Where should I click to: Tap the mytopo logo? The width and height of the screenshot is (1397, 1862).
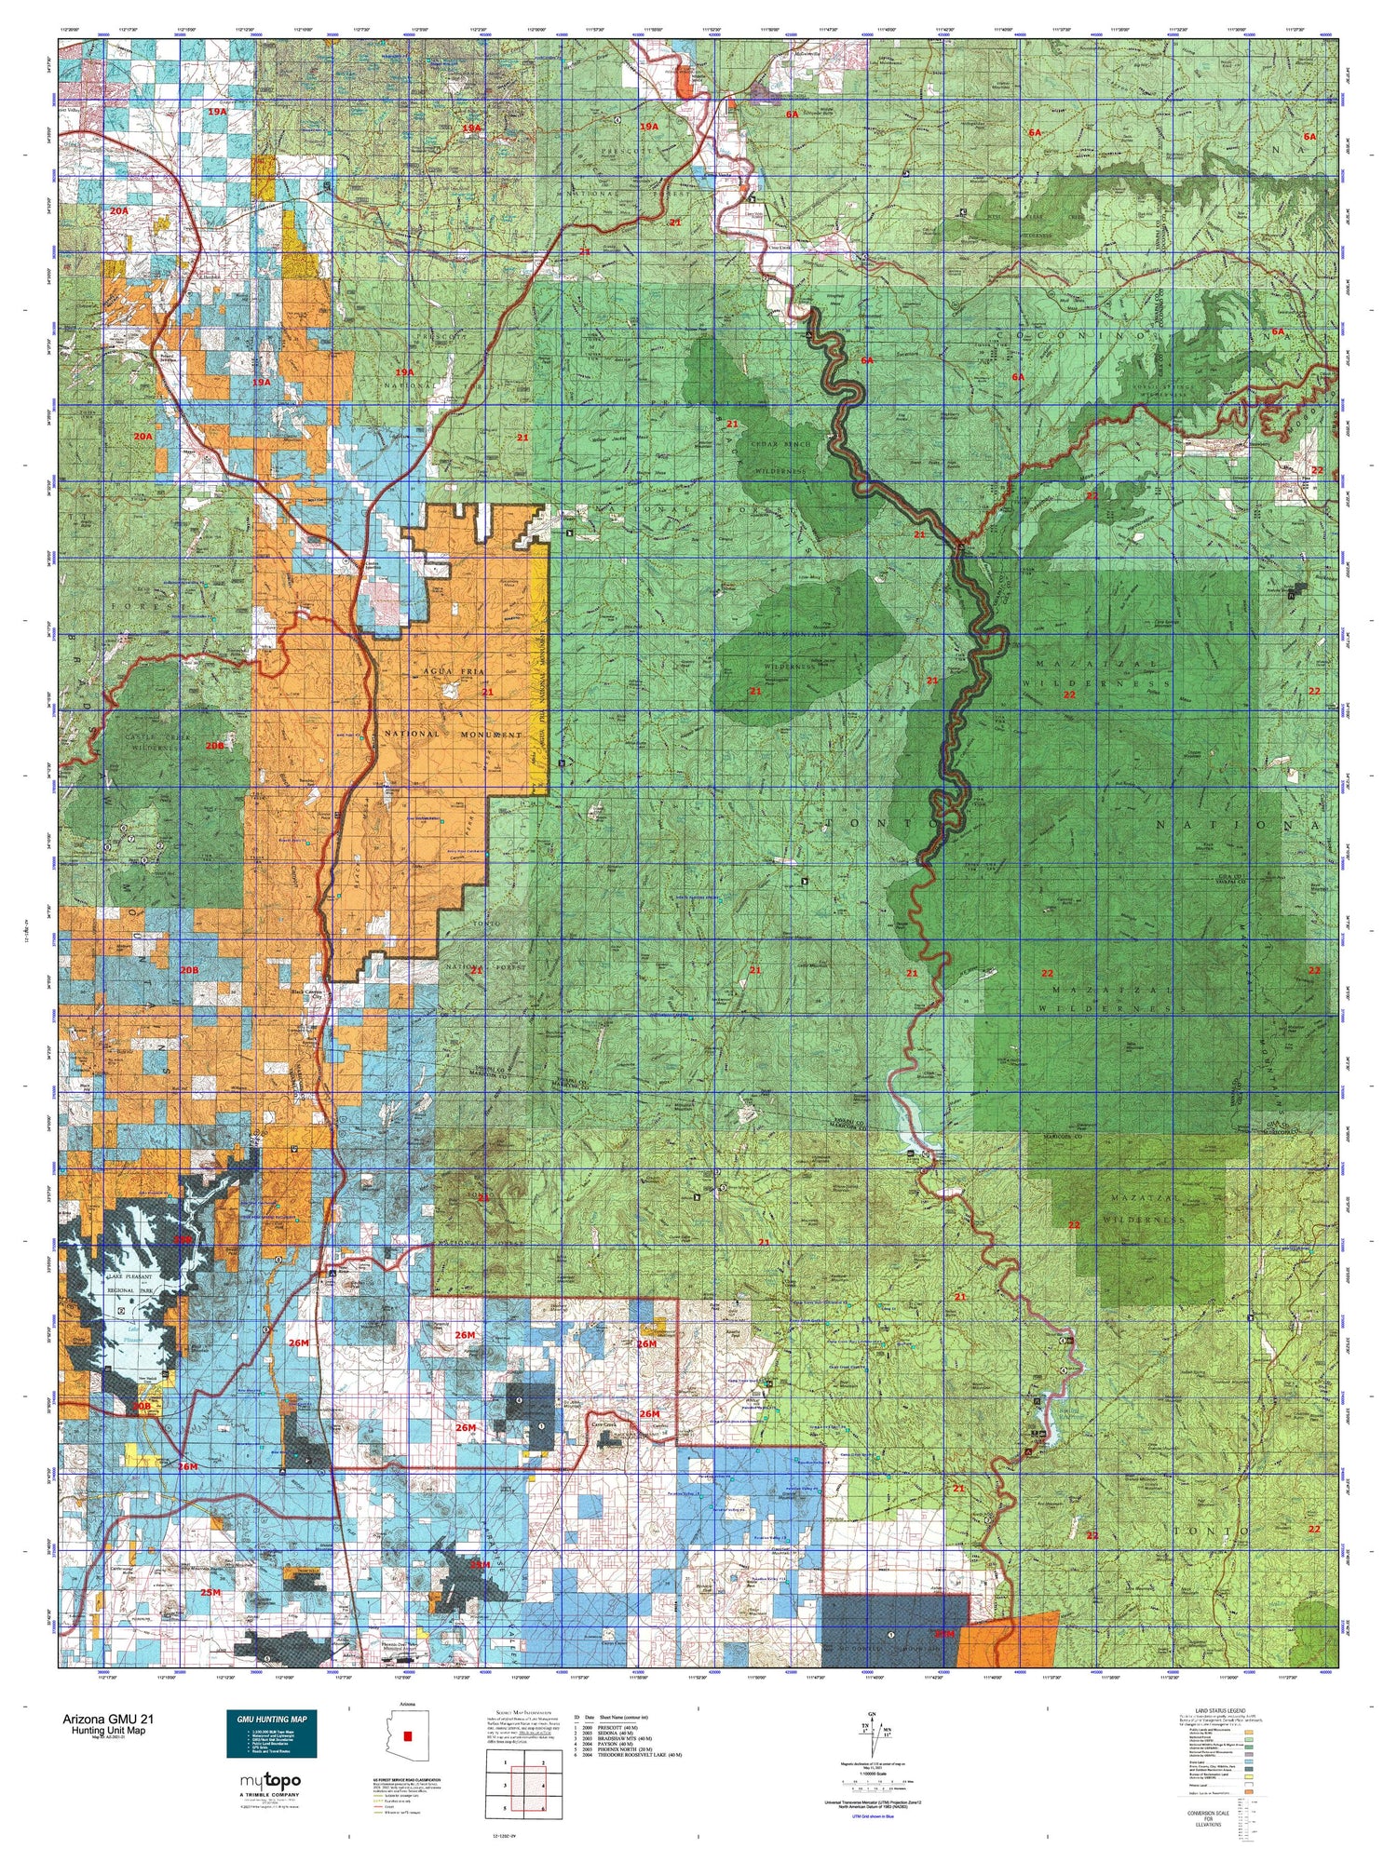point(270,1781)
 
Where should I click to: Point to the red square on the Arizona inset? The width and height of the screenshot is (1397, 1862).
point(407,1736)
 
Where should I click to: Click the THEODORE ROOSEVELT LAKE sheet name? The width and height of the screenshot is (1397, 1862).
point(643,1758)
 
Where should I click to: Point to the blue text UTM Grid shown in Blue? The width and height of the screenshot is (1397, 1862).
point(872,1816)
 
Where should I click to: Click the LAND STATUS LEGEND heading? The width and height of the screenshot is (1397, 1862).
point(1209,1712)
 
